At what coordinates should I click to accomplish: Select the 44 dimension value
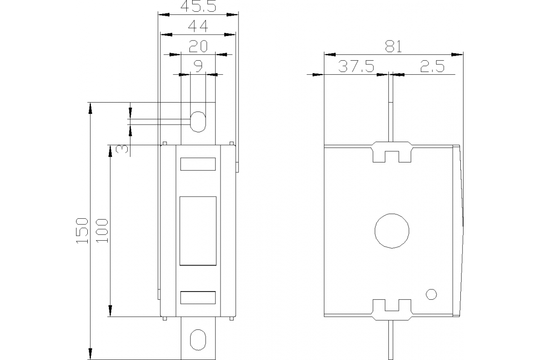click(198, 27)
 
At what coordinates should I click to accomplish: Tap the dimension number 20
click(198, 46)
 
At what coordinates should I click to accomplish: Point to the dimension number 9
click(198, 66)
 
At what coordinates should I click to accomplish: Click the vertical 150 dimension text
click(81, 230)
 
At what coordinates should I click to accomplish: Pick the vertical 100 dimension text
click(102, 230)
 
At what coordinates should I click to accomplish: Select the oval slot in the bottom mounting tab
click(198, 340)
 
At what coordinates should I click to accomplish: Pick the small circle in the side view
click(431, 294)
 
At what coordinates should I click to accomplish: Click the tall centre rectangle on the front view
click(198, 230)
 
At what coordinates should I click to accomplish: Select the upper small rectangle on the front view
click(198, 164)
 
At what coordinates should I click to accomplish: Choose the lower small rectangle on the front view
click(198, 298)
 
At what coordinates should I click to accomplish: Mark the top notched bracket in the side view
click(391, 152)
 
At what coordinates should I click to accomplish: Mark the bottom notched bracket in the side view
click(391, 309)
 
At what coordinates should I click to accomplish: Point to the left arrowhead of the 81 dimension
click(328, 55)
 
